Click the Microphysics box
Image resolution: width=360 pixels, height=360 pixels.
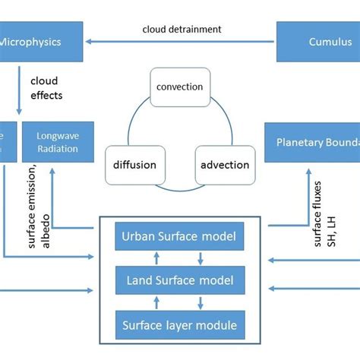(41, 43)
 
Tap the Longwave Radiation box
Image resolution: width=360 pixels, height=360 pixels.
(58, 142)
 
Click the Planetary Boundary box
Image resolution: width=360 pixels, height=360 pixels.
(312, 142)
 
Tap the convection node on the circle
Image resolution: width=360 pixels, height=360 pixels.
(179, 87)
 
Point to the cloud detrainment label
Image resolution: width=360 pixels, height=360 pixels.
(182, 29)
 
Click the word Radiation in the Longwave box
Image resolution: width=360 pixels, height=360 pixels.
(58, 149)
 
